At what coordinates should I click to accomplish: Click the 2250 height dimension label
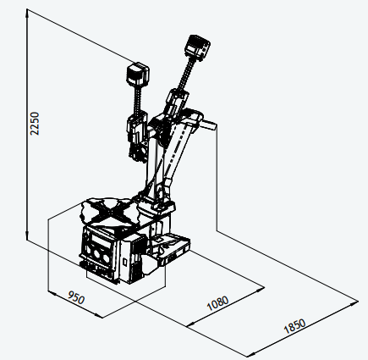[35, 124]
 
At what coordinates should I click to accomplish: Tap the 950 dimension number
[76, 297]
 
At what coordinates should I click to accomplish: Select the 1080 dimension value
[217, 302]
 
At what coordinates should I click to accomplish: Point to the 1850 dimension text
[294, 326]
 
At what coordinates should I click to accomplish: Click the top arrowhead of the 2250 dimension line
[27, 13]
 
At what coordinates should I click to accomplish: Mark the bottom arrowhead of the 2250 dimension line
[27, 236]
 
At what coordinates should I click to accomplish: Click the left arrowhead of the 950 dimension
[52, 293]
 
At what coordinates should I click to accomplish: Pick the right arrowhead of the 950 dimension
[99, 316]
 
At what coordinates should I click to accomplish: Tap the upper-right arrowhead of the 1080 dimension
[261, 289]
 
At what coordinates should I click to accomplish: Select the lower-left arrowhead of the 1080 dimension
[192, 324]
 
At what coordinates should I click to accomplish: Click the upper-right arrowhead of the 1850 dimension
[354, 303]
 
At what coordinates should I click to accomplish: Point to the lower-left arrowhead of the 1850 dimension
[250, 354]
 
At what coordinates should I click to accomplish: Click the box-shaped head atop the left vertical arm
[138, 75]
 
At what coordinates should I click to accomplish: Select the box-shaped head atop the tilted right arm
[197, 47]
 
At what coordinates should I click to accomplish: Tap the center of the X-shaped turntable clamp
[111, 211]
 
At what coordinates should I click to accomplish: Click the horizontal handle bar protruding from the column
[208, 125]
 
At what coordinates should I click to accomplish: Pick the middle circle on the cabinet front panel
[98, 253]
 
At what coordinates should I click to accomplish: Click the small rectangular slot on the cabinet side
[125, 262]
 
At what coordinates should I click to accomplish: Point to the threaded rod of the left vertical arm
[138, 99]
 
